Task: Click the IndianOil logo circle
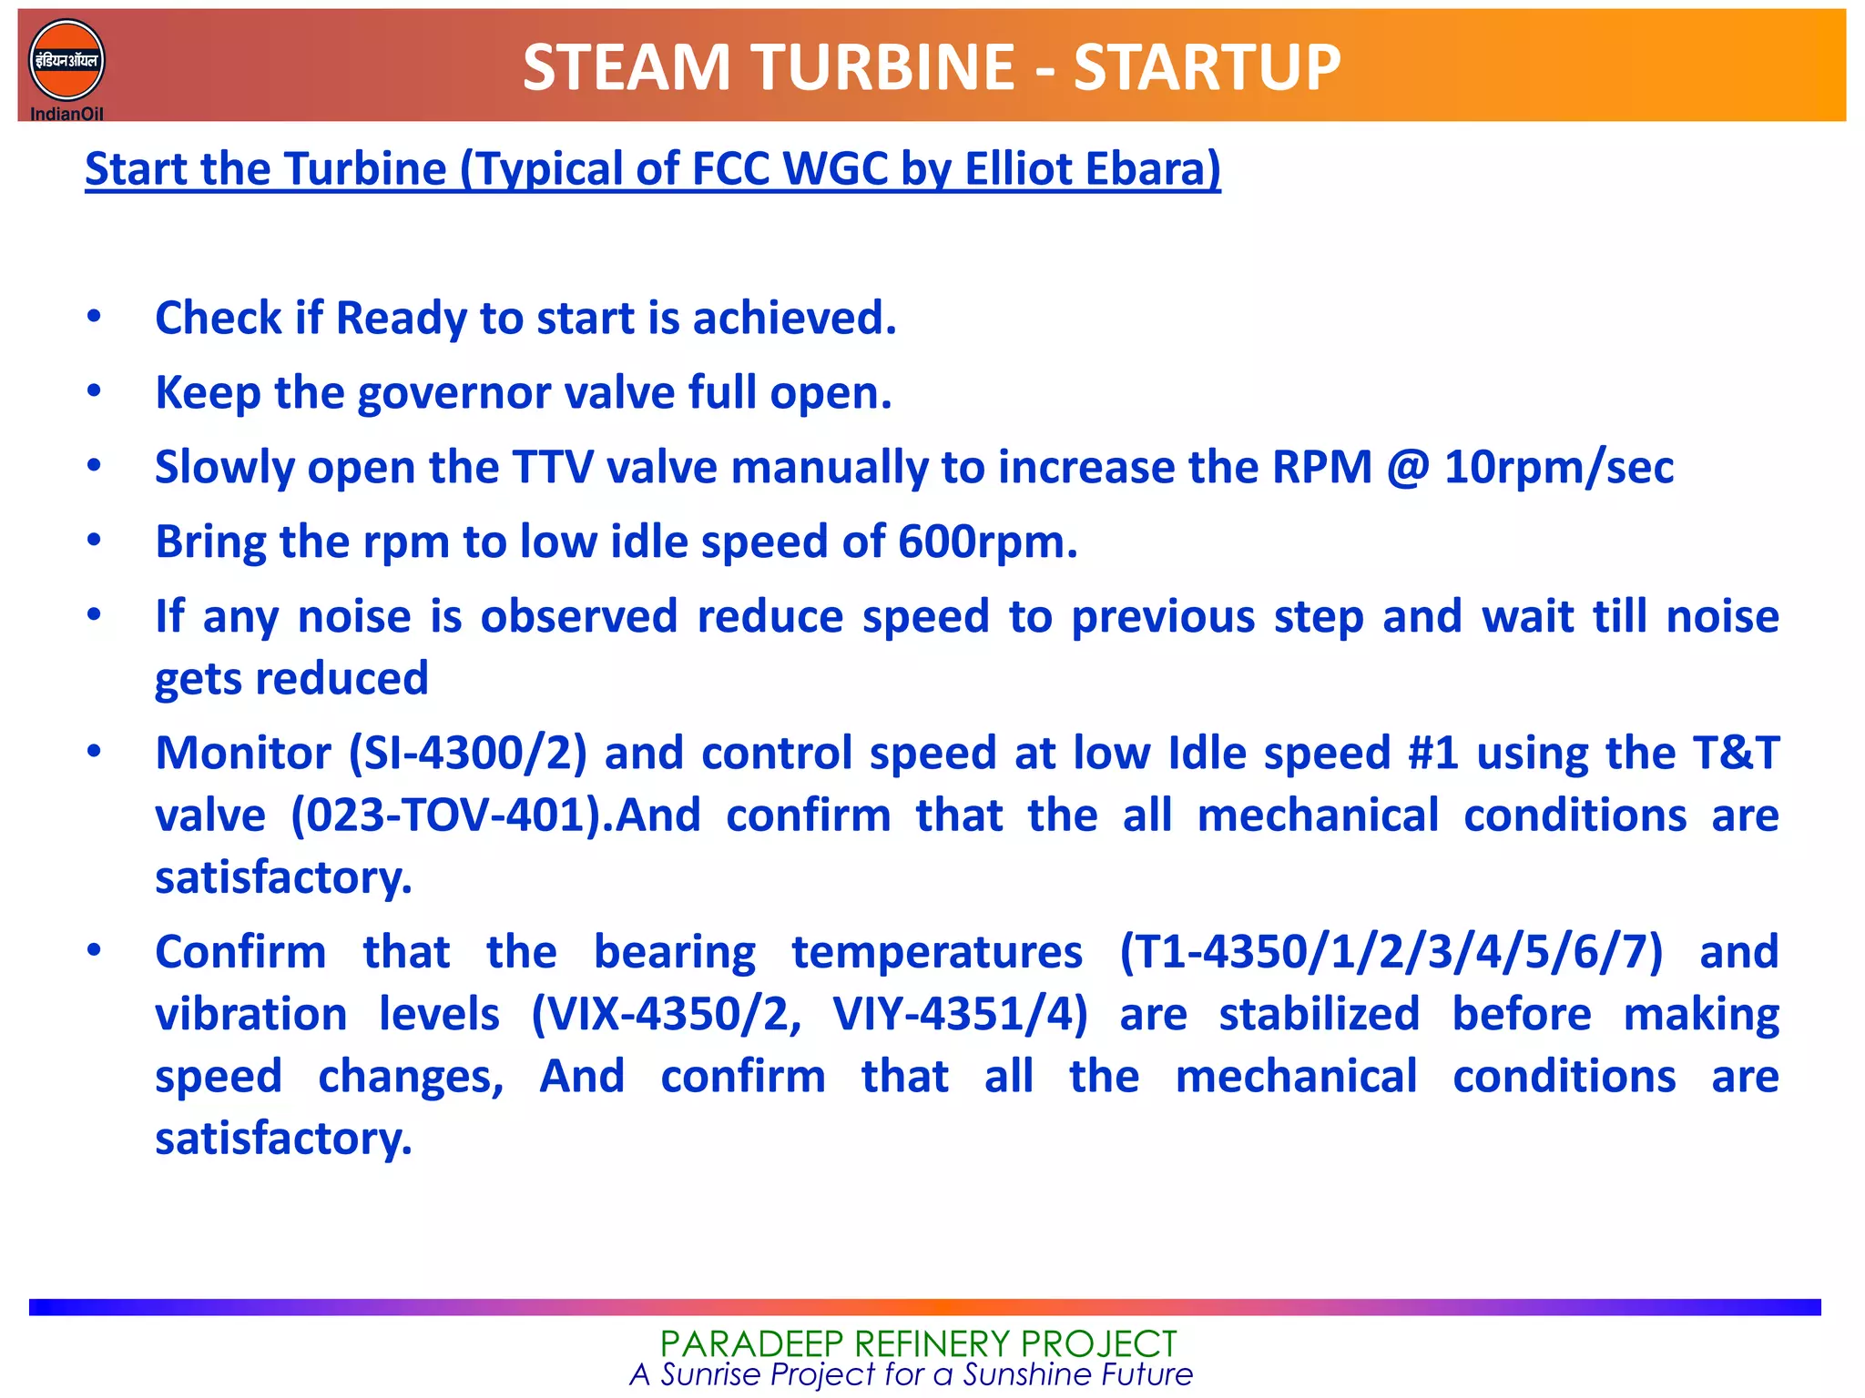pos(66,60)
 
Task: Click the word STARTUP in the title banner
pos(1207,68)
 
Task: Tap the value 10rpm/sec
pos(1558,468)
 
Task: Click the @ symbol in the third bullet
pos(1407,468)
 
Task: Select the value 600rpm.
pos(987,542)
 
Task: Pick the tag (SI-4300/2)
pos(467,754)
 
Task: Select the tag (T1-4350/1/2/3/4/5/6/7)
pos(1391,953)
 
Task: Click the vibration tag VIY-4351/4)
pos(960,1015)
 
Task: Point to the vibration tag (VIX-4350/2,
pos(667,1015)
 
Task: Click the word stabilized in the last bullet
pos(1319,1015)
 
